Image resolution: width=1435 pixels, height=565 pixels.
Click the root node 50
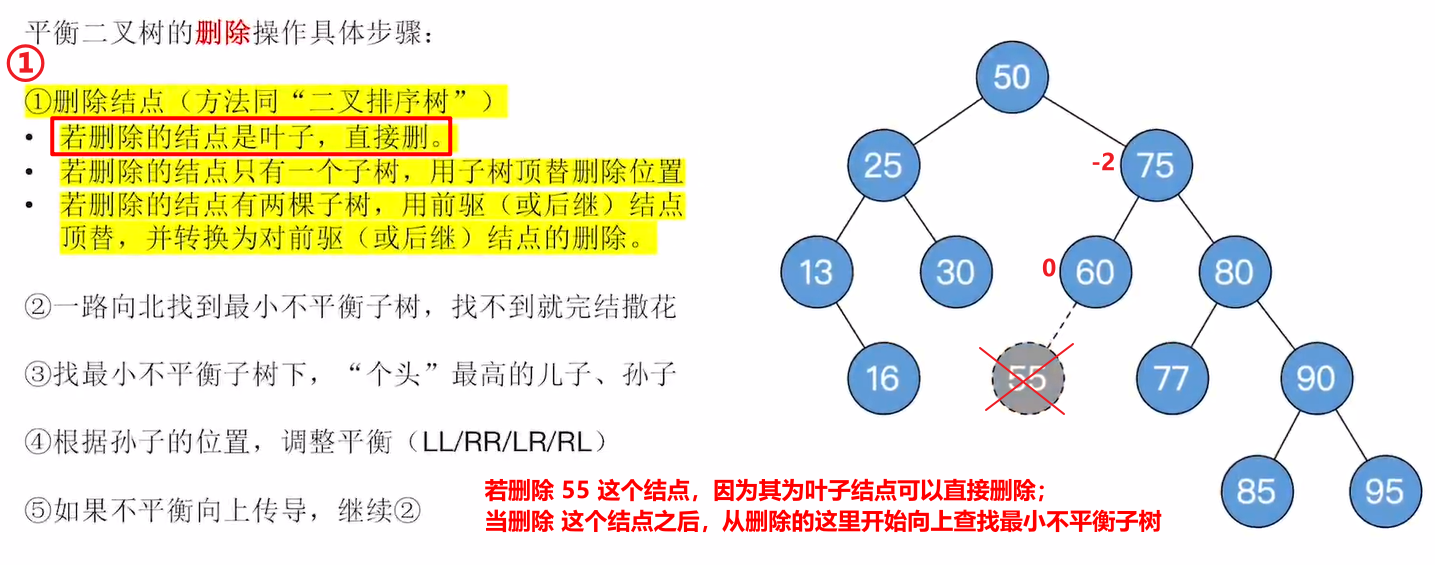(x=1012, y=77)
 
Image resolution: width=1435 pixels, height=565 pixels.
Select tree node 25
(x=883, y=165)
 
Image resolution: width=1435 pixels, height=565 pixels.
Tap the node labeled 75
(x=1156, y=165)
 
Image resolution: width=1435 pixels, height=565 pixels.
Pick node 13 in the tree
(x=816, y=272)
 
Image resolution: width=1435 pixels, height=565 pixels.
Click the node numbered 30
(x=955, y=272)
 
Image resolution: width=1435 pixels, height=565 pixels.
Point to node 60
(x=1095, y=272)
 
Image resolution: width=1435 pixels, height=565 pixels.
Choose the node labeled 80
(x=1234, y=272)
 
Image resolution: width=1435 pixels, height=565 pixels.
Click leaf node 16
(x=883, y=378)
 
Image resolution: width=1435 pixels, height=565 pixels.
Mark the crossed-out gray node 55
(x=1027, y=378)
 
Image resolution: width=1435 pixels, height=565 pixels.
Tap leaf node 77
(x=1172, y=378)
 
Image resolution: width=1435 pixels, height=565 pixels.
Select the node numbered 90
(x=1316, y=378)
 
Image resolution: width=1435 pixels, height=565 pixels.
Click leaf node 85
(x=1257, y=491)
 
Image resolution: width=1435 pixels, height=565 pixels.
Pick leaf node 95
(x=1385, y=491)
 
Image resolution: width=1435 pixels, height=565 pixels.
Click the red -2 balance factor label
(x=1104, y=162)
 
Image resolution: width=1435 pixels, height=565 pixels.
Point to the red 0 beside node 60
(x=1048, y=267)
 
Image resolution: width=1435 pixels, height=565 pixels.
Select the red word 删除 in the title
(x=222, y=32)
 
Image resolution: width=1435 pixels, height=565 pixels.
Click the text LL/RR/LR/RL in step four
(x=507, y=442)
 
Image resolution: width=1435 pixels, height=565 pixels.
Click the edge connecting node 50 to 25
(x=948, y=121)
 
